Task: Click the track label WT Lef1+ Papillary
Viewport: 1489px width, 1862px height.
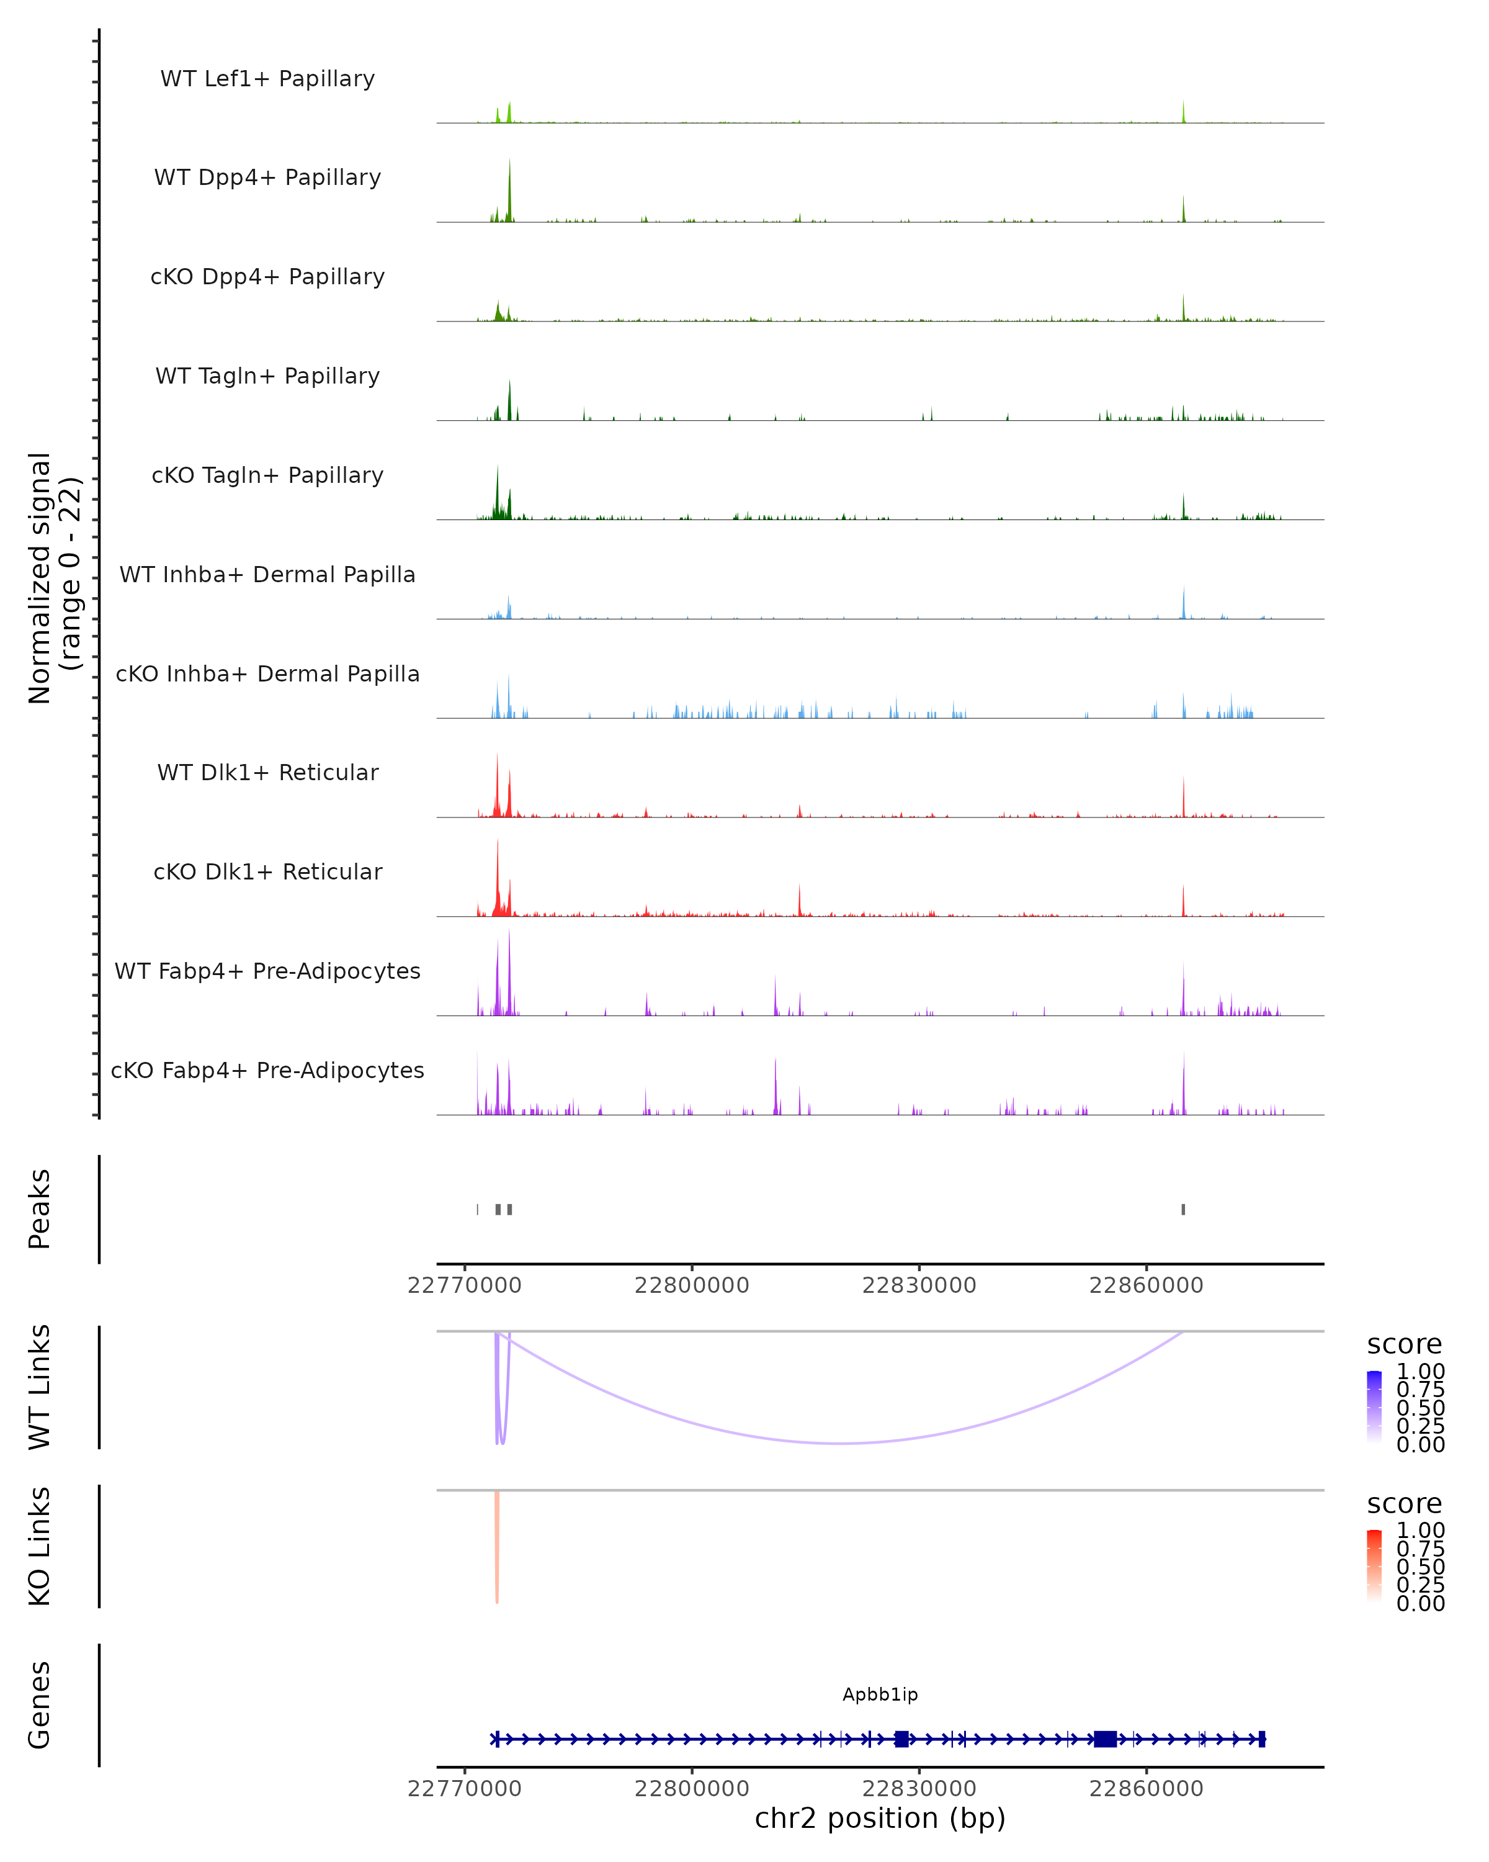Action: pyautogui.click(x=267, y=79)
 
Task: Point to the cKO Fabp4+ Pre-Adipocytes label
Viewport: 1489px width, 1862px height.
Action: pyautogui.click(x=267, y=1070)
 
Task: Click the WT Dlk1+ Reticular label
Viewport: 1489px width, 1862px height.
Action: pyautogui.click(x=267, y=772)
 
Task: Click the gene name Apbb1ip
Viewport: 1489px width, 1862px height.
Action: pyautogui.click(x=880, y=1694)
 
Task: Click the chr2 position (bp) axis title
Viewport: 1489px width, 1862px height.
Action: pyautogui.click(x=880, y=1818)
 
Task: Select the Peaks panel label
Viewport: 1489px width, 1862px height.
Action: pyautogui.click(x=40, y=1209)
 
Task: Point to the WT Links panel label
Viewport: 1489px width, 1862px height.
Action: pyautogui.click(x=40, y=1387)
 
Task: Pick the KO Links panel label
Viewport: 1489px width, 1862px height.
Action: pyautogui.click(x=40, y=1547)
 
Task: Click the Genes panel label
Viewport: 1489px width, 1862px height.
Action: pyautogui.click(x=40, y=1705)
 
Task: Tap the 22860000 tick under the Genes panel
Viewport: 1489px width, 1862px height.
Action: pyautogui.click(x=1147, y=1789)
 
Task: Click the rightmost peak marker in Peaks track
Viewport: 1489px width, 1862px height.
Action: pyautogui.click(x=1183, y=1209)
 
